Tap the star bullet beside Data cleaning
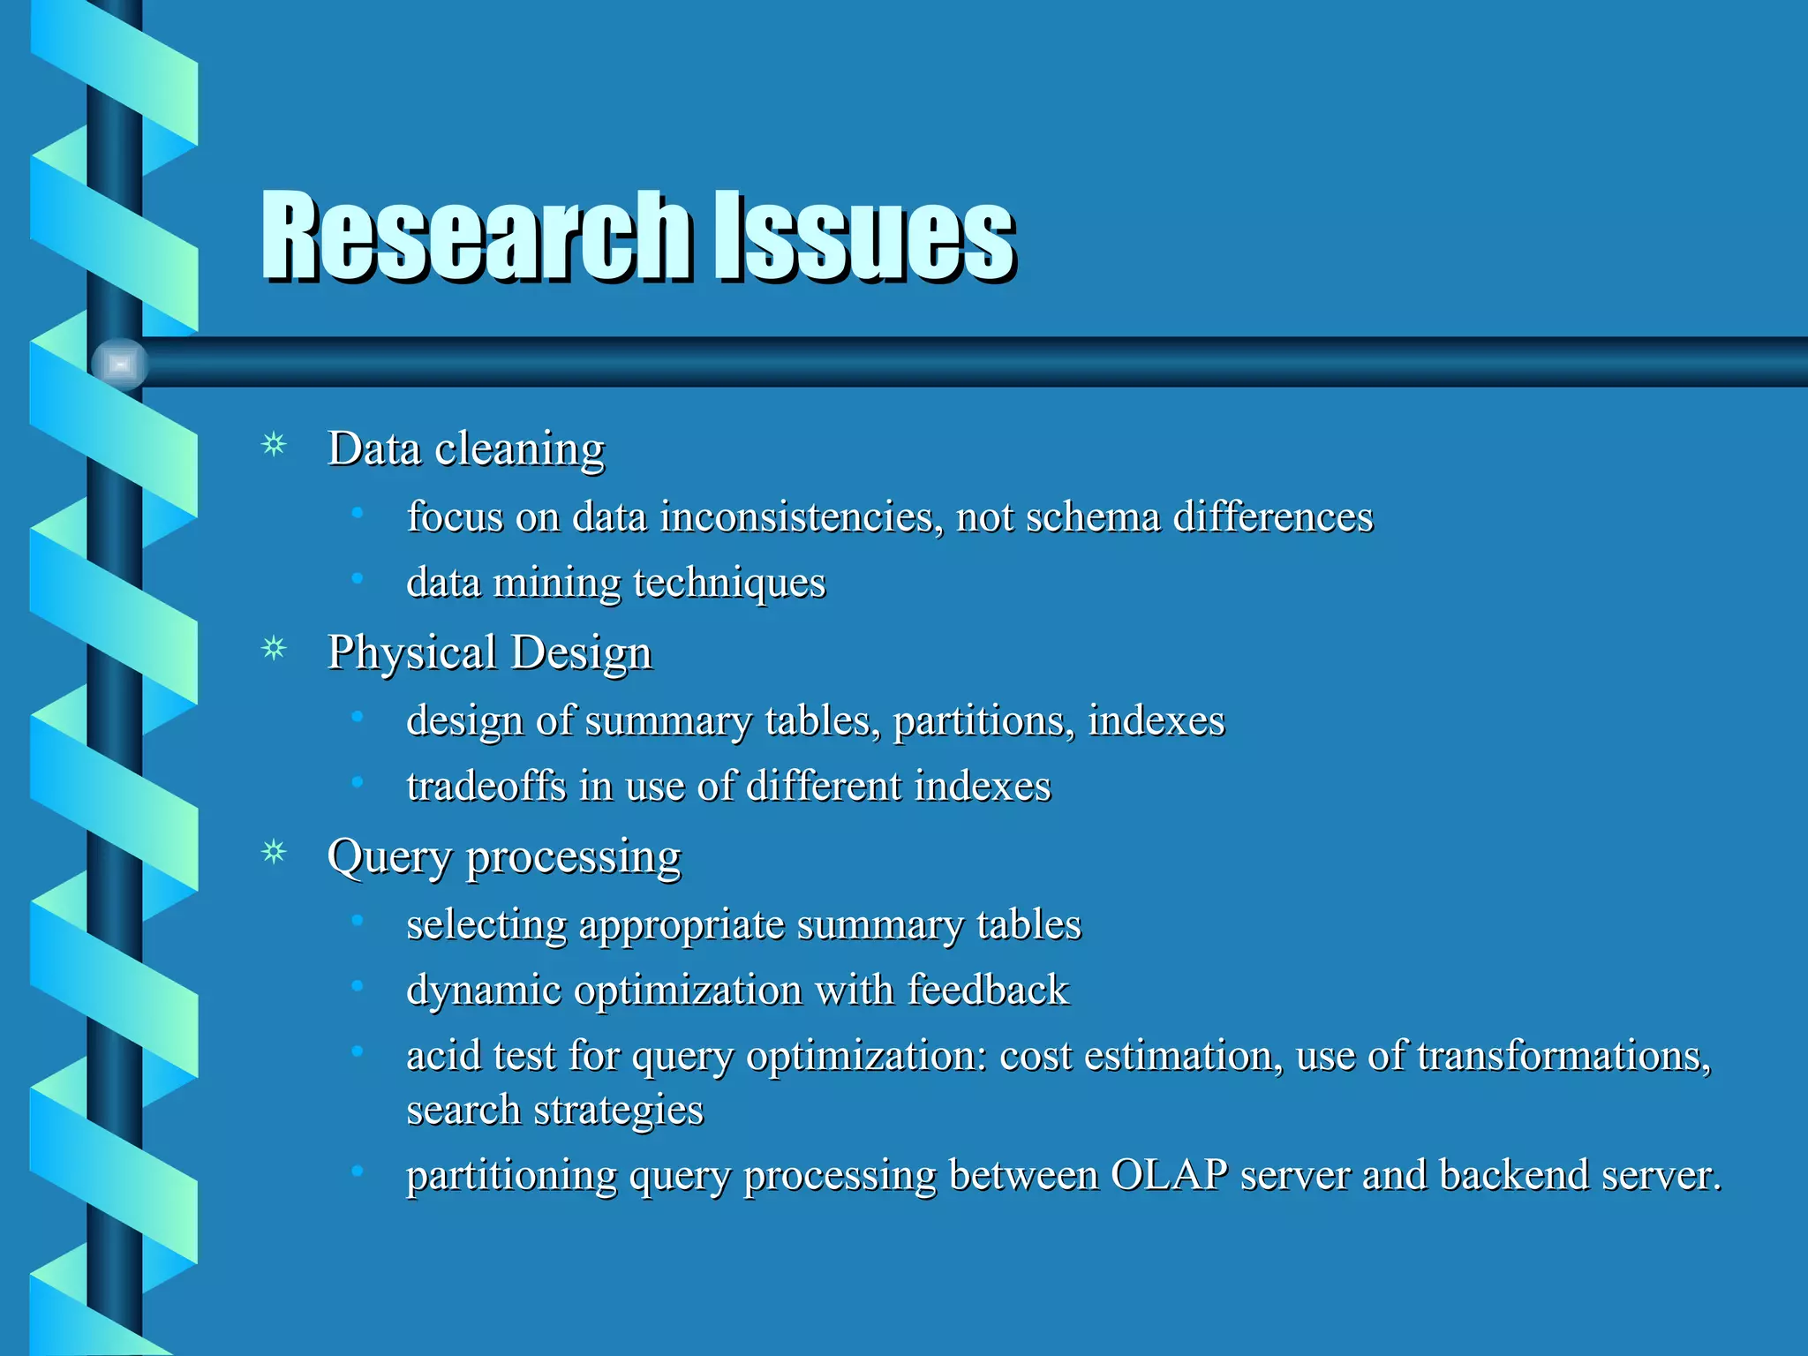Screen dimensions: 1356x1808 pos(275,444)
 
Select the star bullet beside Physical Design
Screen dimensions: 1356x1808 pos(275,649)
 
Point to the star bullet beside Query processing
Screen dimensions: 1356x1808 pos(275,852)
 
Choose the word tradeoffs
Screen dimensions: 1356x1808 pos(486,786)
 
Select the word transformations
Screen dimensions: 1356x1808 pos(1563,1056)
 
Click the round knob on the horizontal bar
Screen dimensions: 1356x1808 pos(119,364)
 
